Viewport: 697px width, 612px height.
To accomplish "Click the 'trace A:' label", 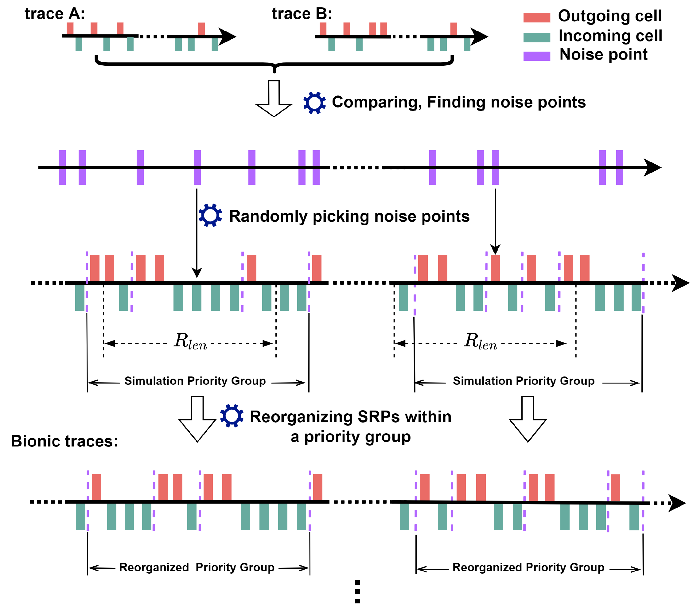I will point(55,14).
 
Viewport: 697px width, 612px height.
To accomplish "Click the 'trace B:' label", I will point(302,14).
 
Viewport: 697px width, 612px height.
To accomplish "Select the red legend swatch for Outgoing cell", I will point(537,18).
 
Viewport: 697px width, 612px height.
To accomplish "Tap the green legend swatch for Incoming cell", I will point(537,37).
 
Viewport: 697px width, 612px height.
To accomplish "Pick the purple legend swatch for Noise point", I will point(537,56).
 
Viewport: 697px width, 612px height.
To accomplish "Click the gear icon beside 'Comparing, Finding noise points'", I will point(314,103).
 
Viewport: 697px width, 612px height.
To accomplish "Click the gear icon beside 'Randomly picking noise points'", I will point(210,215).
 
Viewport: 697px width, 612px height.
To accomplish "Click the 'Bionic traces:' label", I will point(64,441).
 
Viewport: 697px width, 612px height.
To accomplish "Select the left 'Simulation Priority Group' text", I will point(195,381).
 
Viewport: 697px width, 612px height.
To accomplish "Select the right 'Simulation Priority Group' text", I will point(524,381).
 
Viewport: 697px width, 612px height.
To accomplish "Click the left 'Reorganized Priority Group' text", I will point(197,567).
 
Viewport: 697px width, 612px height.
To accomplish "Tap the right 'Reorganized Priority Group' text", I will point(528,567).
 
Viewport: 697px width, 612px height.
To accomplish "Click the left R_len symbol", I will point(190,341).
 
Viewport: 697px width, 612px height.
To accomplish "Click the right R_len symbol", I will point(481,341).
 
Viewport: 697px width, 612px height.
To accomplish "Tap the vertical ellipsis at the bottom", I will point(357,591).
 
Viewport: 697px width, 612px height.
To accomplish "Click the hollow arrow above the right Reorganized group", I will point(528,419).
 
